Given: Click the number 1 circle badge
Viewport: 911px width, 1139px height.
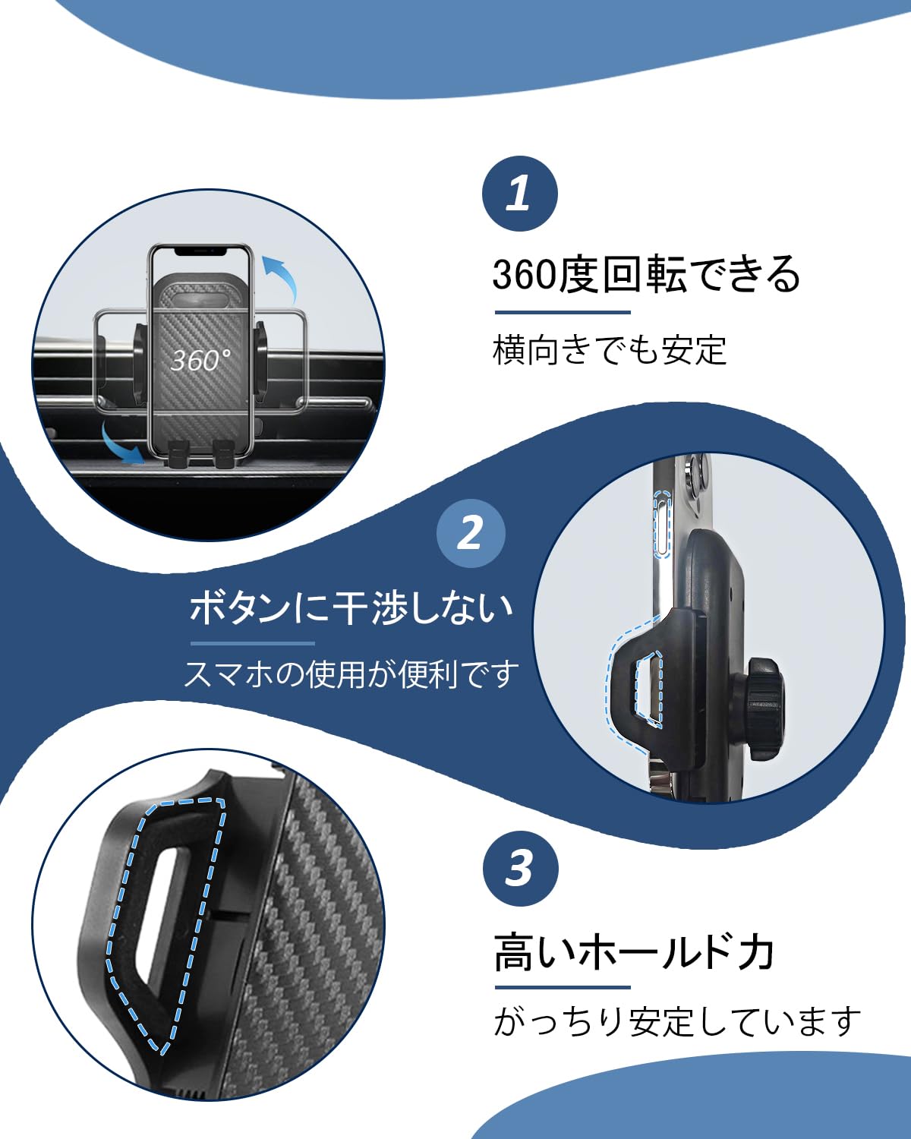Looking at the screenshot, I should (x=519, y=193).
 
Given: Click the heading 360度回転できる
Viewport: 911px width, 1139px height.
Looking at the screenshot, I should (x=646, y=275).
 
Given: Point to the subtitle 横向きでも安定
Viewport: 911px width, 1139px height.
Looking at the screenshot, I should (x=610, y=350).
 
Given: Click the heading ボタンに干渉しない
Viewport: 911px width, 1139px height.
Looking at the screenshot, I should (x=351, y=608).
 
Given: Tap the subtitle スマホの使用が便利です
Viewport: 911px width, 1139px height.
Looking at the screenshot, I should (x=351, y=674).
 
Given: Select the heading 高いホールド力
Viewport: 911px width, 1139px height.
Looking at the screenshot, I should (x=635, y=952).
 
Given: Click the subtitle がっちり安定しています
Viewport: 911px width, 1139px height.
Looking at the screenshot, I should (x=677, y=1021).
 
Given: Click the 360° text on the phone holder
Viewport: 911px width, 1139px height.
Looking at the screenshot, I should (x=200, y=360).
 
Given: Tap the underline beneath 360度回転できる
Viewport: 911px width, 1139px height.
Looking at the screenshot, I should (x=563, y=312).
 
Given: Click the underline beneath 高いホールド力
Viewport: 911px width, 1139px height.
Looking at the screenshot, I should (x=563, y=987).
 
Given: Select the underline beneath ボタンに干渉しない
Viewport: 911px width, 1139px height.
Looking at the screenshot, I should (x=252, y=643).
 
